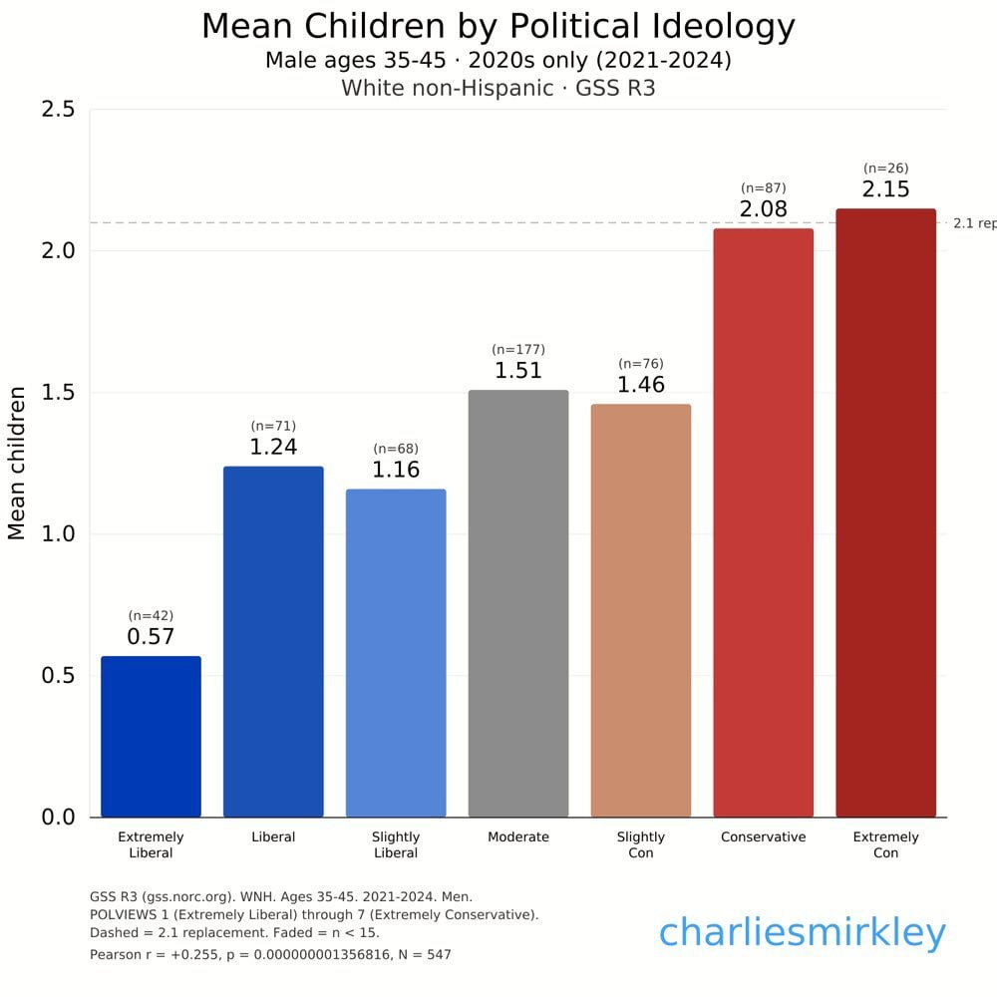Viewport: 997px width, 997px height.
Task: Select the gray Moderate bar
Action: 518,603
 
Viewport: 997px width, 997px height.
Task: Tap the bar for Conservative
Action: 764,522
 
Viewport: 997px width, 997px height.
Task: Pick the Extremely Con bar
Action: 885,512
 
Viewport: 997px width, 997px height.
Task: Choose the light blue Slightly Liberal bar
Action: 396,653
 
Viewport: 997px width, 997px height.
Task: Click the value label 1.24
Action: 273,448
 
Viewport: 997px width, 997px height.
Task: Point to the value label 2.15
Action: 885,189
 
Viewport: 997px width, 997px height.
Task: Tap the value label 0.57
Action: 151,637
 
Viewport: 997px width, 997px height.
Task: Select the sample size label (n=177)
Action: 518,350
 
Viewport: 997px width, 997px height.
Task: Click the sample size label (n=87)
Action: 764,188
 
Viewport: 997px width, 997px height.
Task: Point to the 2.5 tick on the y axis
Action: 58,110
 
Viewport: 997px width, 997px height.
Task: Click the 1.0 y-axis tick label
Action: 58,534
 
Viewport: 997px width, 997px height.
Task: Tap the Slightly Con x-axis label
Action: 641,844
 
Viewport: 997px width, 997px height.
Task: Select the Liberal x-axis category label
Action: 273,837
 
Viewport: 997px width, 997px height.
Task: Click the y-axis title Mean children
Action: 17,463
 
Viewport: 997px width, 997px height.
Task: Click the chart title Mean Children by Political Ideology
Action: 498,27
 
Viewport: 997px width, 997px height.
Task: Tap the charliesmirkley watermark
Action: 802,934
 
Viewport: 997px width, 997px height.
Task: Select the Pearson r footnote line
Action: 270,955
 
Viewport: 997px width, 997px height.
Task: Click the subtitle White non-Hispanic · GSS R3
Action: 498,88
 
